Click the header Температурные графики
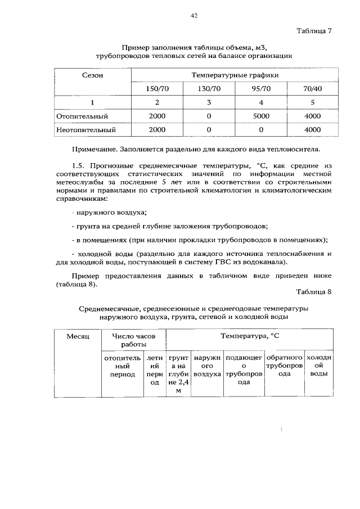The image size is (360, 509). [x=235, y=75]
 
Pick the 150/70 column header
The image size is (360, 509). [x=157, y=88]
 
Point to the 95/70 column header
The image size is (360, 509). [x=260, y=88]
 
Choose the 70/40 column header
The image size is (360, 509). [x=312, y=88]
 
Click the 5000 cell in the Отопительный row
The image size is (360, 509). [x=260, y=116]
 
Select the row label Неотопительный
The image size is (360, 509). [x=86, y=129]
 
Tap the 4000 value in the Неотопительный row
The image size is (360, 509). [x=312, y=129]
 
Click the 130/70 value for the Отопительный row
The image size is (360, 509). [x=209, y=116]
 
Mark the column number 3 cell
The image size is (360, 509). [x=209, y=102]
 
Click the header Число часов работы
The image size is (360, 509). [x=133, y=340]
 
